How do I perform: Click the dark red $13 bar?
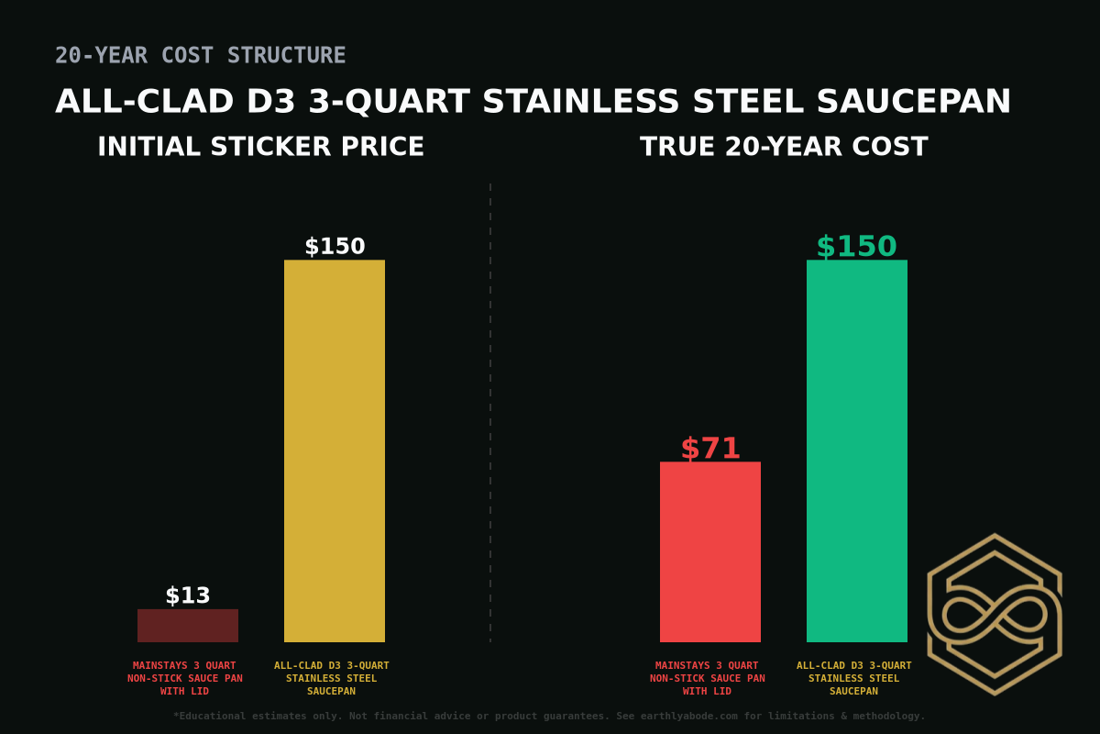coord(188,626)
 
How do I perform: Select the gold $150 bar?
coord(335,450)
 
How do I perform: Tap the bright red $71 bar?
coord(710,551)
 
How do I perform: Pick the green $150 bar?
coord(857,450)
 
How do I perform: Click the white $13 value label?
coord(188,595)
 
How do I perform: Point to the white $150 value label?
coord(335,247)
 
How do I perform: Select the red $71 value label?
coord(710,449)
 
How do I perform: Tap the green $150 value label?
coord(856,247)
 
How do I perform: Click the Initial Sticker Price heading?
coord(260,147)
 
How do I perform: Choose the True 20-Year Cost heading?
coord(784,147)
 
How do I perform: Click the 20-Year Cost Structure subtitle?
coord(200,55)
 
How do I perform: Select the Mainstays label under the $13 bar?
coord(184,678)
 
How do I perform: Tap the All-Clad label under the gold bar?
coord(332,678)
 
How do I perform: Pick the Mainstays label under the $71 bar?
coord(707,678)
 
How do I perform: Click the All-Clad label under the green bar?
coord(854,678)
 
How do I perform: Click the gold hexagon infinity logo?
coord(995,614)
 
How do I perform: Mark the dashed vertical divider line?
coord(490,413)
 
